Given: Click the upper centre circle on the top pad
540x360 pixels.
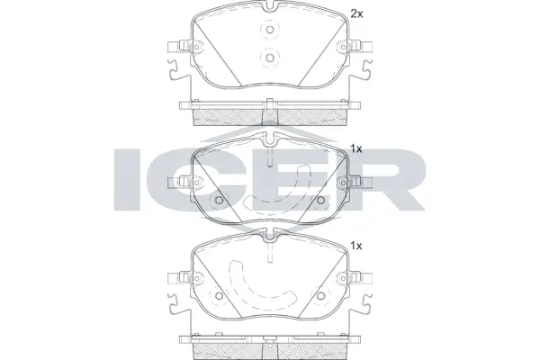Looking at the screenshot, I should click(270, 32).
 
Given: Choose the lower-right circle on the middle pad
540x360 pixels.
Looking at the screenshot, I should click(321, 200).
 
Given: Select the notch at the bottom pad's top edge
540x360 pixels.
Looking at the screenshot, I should click(270, 235).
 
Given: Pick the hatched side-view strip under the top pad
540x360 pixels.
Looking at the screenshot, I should click(270, 112).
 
